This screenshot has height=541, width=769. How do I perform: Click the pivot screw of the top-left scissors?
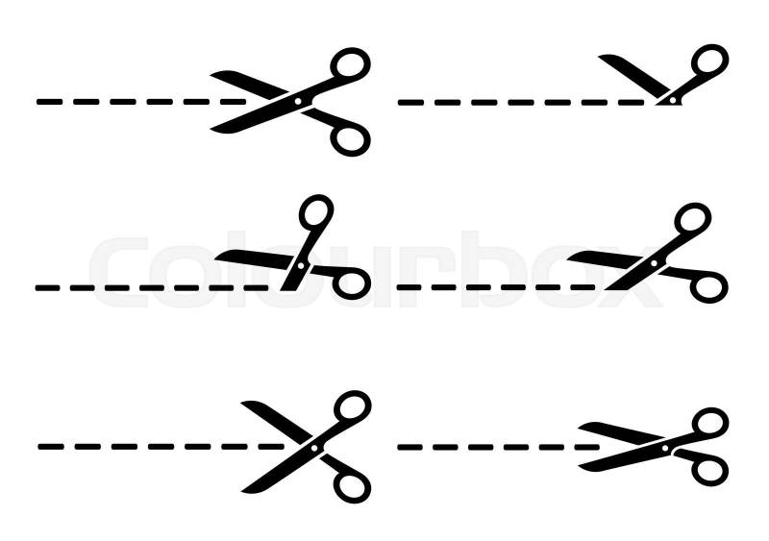[298, 101]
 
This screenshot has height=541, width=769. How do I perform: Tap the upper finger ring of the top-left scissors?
[350, 63]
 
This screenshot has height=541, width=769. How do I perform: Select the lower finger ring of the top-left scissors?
[350, 139]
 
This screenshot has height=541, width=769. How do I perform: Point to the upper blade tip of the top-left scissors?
[211, 75]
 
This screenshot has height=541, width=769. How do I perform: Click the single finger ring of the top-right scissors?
[709, 60]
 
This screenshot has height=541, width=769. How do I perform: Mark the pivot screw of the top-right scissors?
[673, 100]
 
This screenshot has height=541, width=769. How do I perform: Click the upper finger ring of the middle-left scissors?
[316, 213]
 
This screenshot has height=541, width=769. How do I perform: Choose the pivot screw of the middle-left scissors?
[301, 266]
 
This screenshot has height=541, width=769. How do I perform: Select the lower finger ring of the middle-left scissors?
[352, 283]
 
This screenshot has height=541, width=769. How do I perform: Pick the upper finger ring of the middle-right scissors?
[692, 219]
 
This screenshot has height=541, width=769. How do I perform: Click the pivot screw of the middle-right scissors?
[654, 263]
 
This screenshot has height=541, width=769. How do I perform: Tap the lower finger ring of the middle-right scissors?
[708, 286]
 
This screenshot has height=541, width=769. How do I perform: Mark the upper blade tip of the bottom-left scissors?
[242, 404]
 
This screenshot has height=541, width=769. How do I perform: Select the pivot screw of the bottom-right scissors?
[665, 448]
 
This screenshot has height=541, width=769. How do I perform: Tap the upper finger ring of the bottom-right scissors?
[709, 423]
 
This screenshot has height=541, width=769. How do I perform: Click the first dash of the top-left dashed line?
[50, 102]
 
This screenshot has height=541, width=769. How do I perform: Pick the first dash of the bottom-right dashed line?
[410, 447]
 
